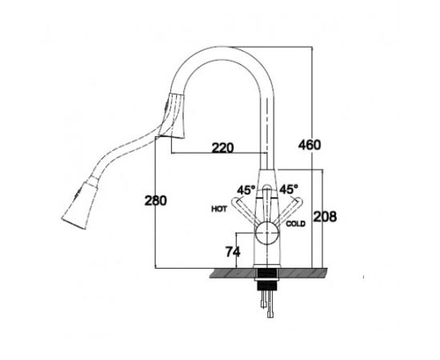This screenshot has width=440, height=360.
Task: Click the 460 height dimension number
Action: click(310, 145)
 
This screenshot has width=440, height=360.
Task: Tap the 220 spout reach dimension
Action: click(222, 147)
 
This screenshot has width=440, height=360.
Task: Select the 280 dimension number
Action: click(155, 200)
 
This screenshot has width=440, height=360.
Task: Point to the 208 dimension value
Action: click(325, 217)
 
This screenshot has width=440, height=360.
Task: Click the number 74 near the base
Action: click(233, 252)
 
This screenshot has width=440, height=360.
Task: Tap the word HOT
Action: click(219, 209)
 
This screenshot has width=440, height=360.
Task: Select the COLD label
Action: click(295, 224)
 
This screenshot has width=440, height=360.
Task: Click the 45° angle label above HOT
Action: click(246, 190)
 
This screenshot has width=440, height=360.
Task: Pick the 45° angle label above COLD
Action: click(289, 189)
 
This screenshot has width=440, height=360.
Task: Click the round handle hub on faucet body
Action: click(266, 233)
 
